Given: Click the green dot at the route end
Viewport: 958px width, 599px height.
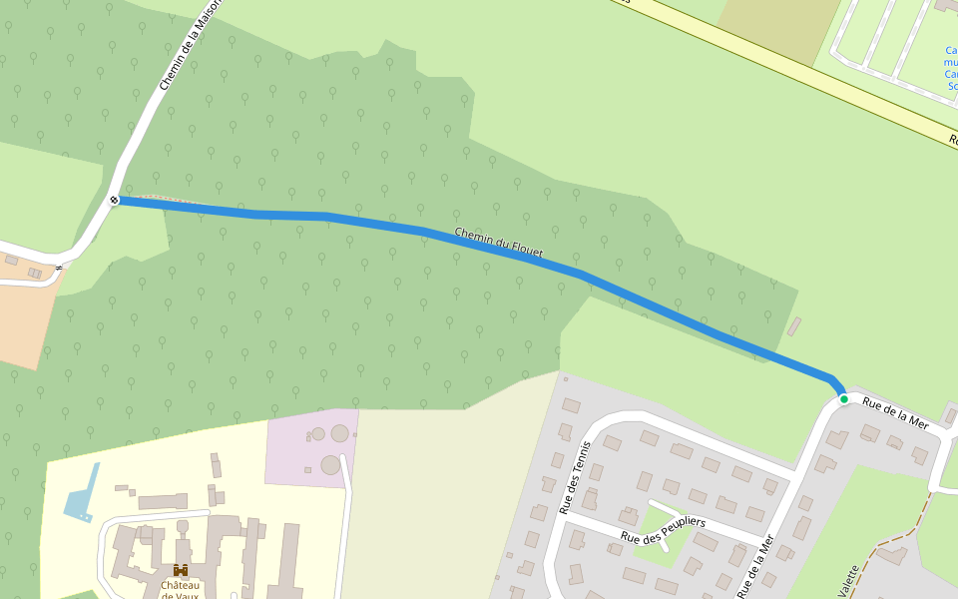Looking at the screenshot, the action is pyautogui.click(x=844, y=399).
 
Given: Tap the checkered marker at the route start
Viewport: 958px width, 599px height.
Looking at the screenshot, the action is pyautogui.click(x=115, y=201).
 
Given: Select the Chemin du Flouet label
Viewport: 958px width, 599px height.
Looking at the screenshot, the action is pyautogui.click(x=498, y=244).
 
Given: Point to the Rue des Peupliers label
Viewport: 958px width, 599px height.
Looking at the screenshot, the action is pyautogui.click(x=663, y=529).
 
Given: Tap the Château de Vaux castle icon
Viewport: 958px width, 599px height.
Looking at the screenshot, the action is pyautogui.click(x=181, y=570).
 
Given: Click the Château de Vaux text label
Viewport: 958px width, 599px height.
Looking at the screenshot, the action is pyautogui.click(x=181, y=590).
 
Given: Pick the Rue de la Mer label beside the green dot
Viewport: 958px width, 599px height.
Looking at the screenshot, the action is pyautogui.click(x=895, y=414).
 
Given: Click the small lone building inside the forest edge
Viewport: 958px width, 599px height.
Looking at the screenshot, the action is pyautogui.click(x=794, y=326).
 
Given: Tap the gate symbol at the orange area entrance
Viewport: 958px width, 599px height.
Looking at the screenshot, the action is pyautogui.click(x=60, y=267).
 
